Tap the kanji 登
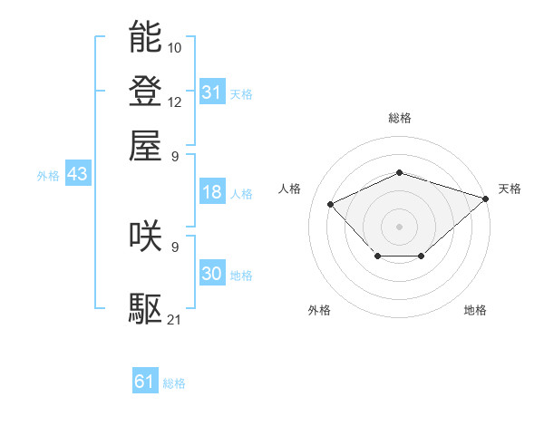pyautogui.click(x=145, y=91)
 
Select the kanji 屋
pyautogui.click(x=145, y=145)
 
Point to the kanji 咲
pyautogui.click(x=145, y=236)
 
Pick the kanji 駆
pyautogui.click(x=145, y=308)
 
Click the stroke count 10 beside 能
pyautogui.click(x=175, y=46)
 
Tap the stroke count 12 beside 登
pyautogui.click(x=175, y=101)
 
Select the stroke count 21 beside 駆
pyautogui.click(x=175, y=319)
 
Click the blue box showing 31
pyautogui.click(x=211, y=92)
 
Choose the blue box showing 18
pyautogui.click(x=211, y=192)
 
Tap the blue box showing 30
pyautogui.click(x=211, y=274)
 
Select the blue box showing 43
pyautogui.click(x=77, y=174)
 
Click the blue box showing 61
pyautogui.click(x=145, y=382)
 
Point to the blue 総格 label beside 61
pyautogui.click(x=174, y=383)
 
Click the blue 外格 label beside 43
pyautogui.click(x=48, y=176)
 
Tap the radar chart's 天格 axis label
pyautogui.click(x=510, y=189)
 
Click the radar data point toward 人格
pyautogui.click(x=331, y=204)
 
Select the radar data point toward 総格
pyautogui.click(x=399, y=172)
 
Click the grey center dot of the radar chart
pyautogui.click(x=399, y=225)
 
